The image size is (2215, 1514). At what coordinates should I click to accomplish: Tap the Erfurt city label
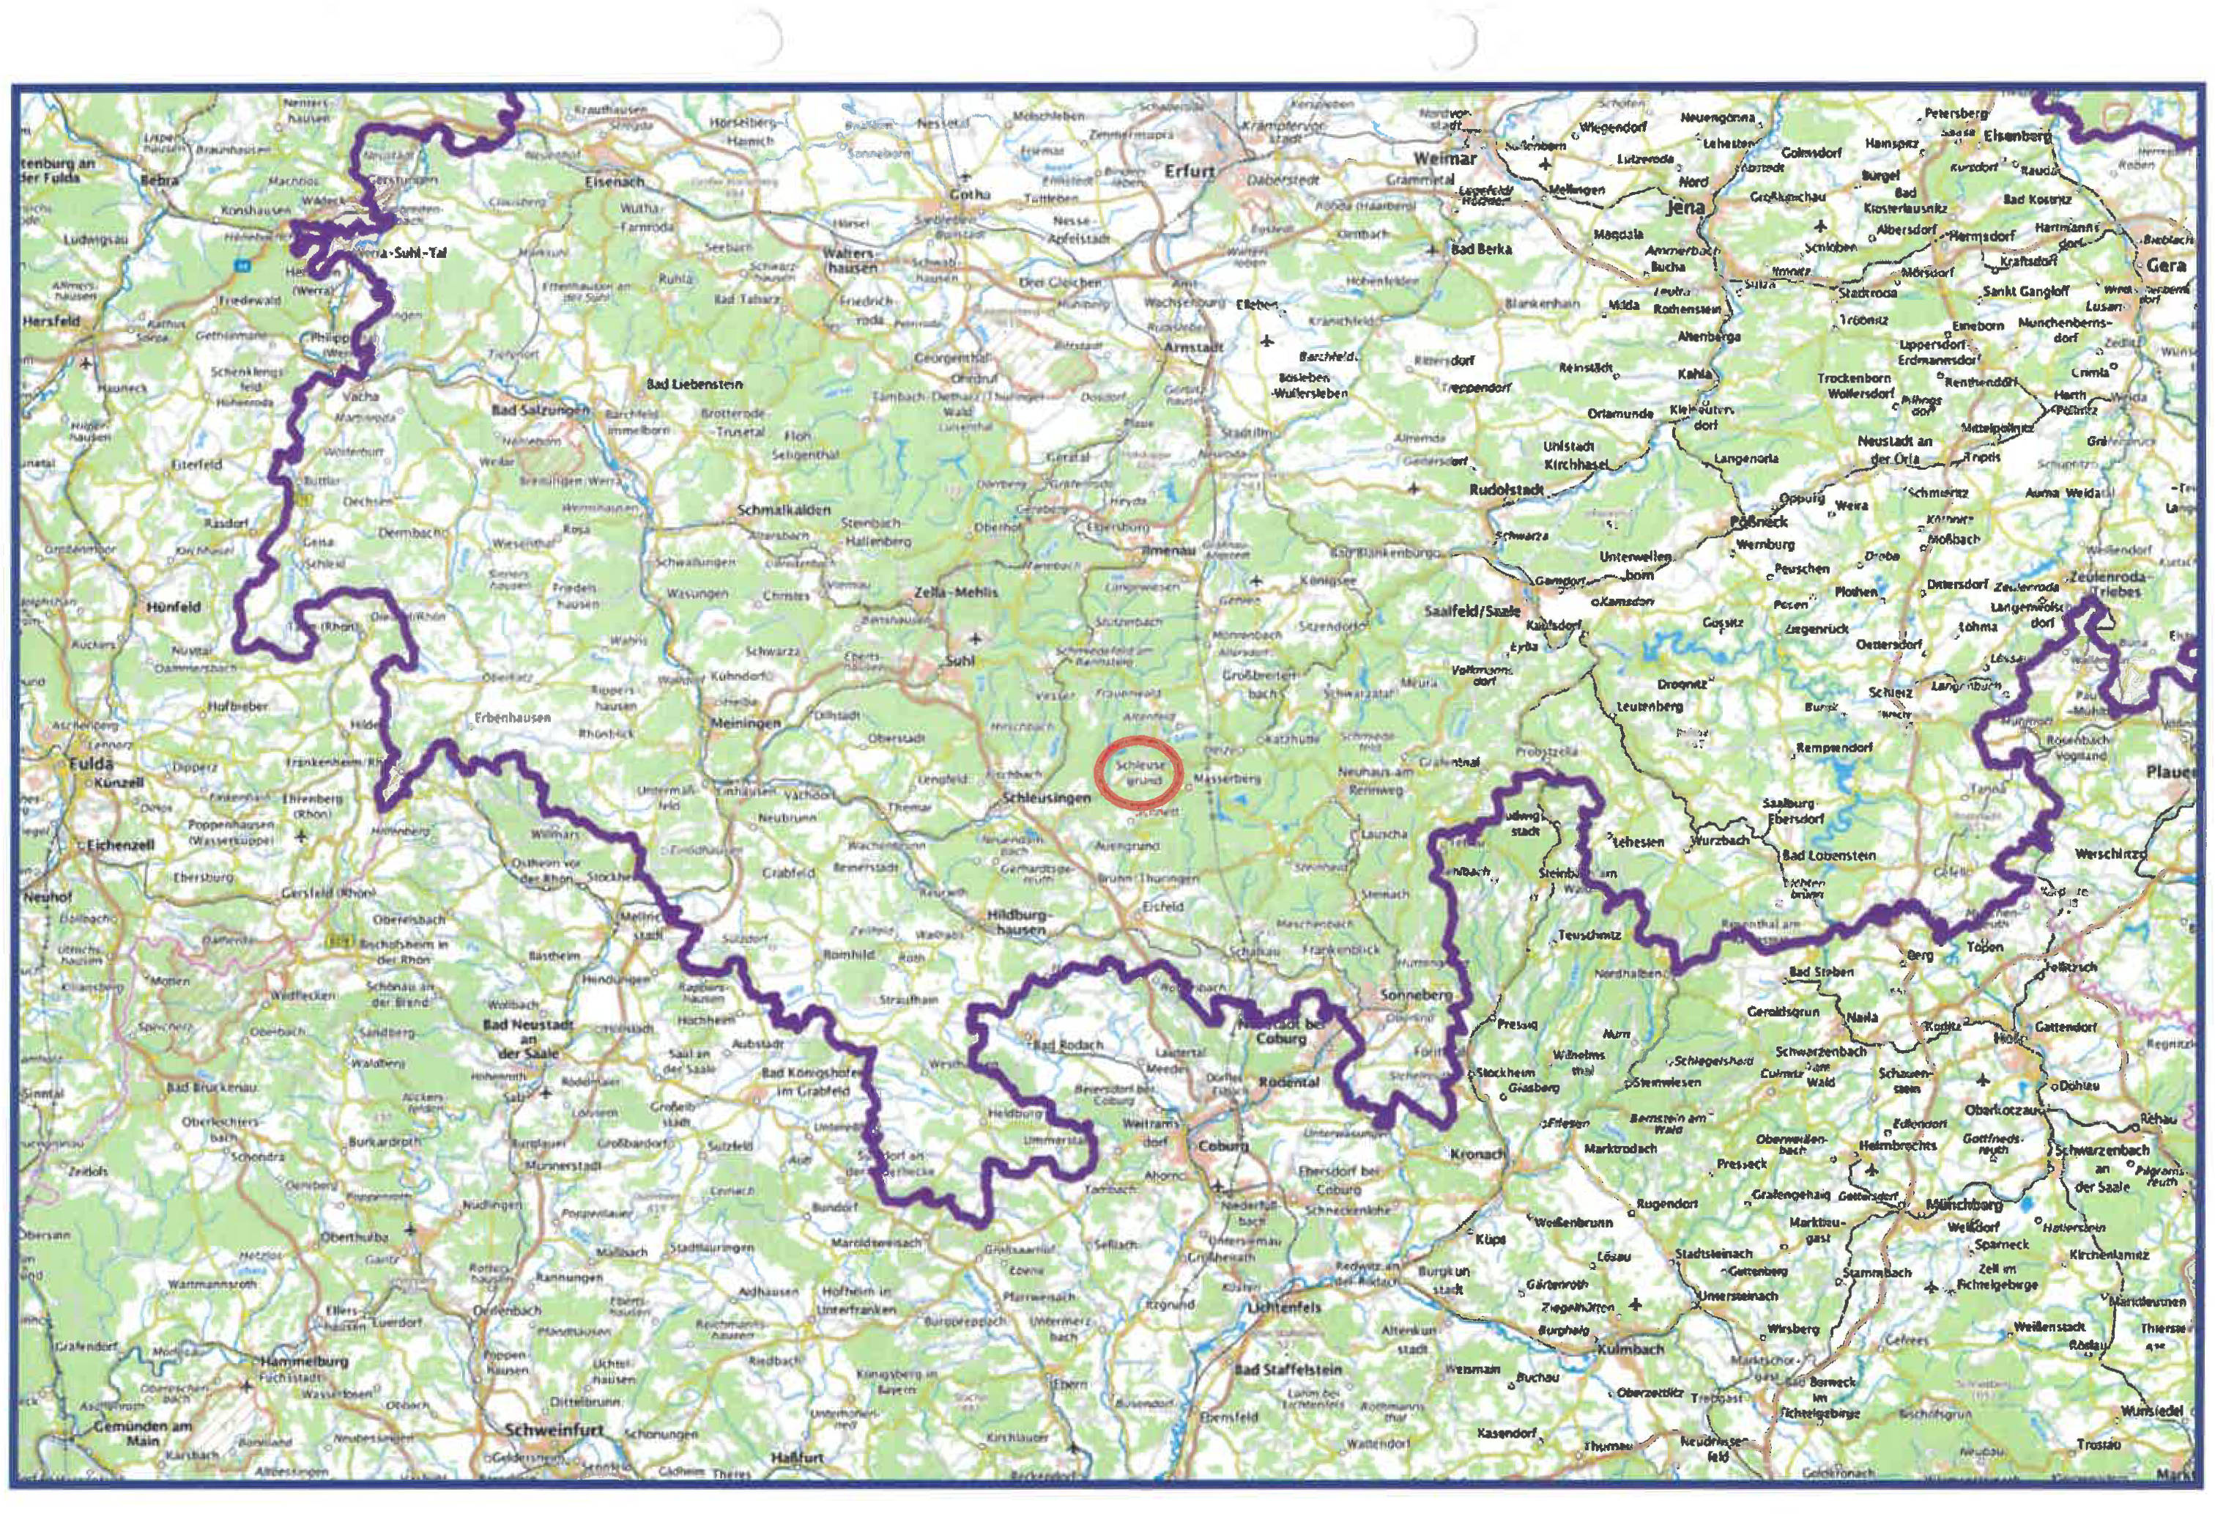click(x=1190, y=171)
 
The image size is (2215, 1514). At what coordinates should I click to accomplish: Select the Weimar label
click(x=1445, y=158)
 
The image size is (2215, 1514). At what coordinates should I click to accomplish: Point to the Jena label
click(x=1685, y=207)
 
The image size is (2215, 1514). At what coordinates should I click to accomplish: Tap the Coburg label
click(x=1222, y=1146)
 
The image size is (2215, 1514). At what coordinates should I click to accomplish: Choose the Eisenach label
click(x=615, y=180)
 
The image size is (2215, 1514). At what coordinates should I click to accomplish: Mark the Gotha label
click(x=969, y=194)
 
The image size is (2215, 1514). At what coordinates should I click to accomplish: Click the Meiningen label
click(x=746, y=723)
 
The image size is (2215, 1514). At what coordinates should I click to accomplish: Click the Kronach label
click(x=1477, y=1155)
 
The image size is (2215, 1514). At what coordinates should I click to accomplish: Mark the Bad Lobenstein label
click(x=1829, y=855)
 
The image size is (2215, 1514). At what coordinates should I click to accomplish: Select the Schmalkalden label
click(x=784, y=511)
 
